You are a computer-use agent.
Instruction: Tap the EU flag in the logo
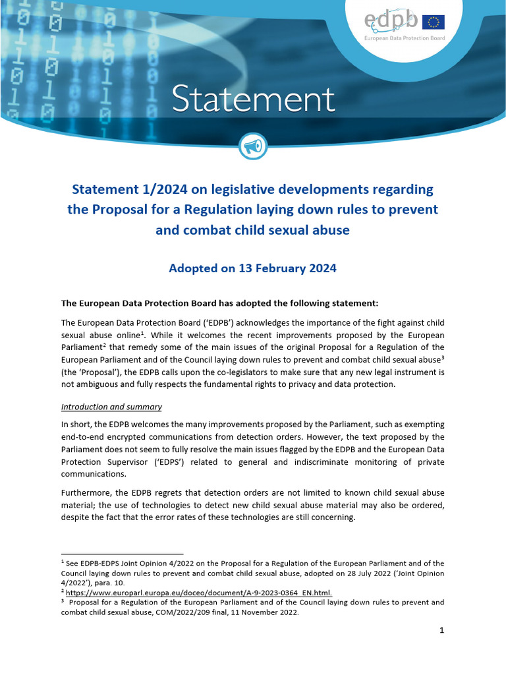pyautogui.click(x=434, y=22)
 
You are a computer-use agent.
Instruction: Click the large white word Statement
pyautogui.click(x=253, y=100)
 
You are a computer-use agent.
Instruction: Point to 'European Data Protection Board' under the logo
pyautogui.click(x=405, y=38)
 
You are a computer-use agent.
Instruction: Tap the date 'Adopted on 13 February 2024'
pyautogui.click(x=253, y=268)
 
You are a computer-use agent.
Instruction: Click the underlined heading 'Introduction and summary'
pyautogui.click(x=111, y=407)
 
